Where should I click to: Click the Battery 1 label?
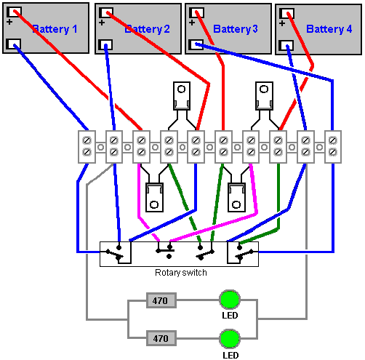pyautogui.click(x=55, y=29)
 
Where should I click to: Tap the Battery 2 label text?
pyautogui.click(x=147, y=29)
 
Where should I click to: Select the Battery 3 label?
pyautogui.click(x=236, y=29)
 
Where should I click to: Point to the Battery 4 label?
pyautogui.click(x=329, y=29)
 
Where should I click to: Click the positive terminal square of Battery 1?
pyautogui.click(x=14, y=12)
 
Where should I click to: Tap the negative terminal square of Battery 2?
pyautogui.click(x=105, y=45)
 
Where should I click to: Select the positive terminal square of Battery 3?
pyautogui.click(x=196, y=13)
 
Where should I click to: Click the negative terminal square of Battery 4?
pyautogui.click(x=286, y=46)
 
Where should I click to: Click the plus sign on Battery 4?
pyautogui.click(x=282, y=23)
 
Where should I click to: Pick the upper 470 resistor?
pyautogui.click(x=161, y=300)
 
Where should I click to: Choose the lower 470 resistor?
pyautogui.click(x=161, y=338)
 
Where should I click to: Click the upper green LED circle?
pyautogui.click(x=230, y=300)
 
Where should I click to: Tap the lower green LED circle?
pyautogui.click(x=230, y=339)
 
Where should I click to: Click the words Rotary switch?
pyautogui.click(x=181, y=273)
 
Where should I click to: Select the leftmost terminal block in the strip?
pyautogui.click(x=87, y=147)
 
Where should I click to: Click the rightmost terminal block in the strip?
pyautogui.click(x=333, y=147)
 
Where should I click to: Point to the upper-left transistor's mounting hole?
pyautogui.click(x=181, y=89)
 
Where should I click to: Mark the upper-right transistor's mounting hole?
pyautogui.click(x=264, y=89)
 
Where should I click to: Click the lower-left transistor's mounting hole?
pyautogui.click(x=154, y=205)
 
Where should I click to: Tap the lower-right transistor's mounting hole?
pyautogui.click(x=236, y=205)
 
